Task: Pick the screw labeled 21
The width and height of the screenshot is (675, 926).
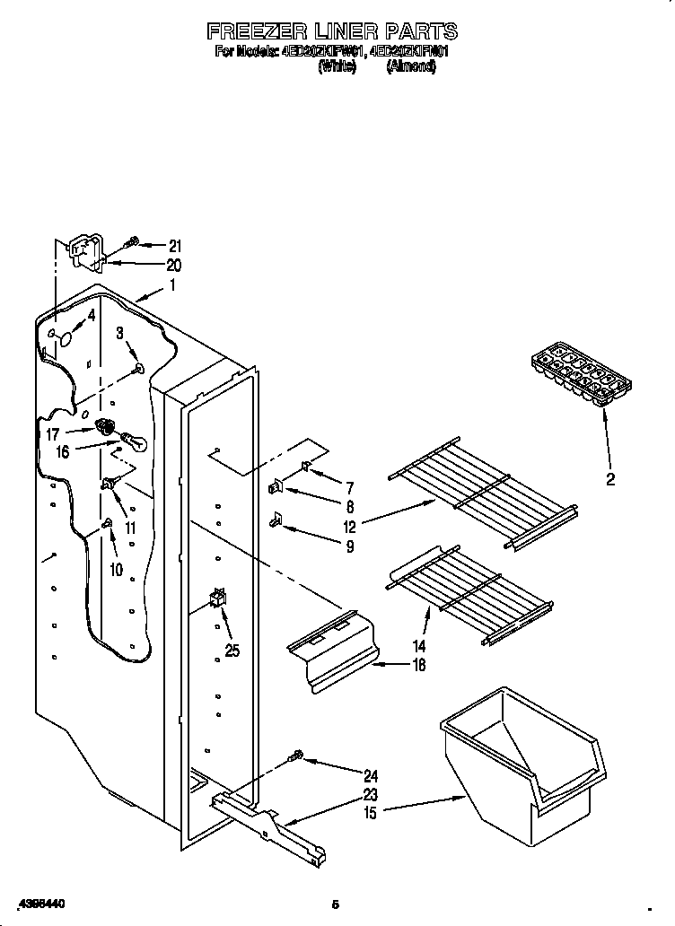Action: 132,242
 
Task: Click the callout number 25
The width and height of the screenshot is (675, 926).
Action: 232,651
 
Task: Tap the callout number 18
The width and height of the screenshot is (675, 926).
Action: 418,665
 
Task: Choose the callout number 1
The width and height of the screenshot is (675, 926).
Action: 173,286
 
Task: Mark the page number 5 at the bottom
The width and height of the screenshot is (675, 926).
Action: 335,903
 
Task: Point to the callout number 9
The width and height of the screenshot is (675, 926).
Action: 349,546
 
